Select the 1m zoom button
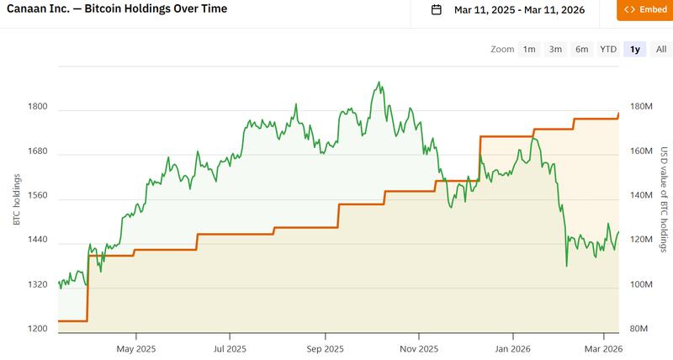(529, 50)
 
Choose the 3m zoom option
(555, 50)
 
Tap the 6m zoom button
(581, 50)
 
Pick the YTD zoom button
(607, 50)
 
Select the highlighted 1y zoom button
(635, 50)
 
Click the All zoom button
(661, 50)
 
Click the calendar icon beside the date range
(436, 10)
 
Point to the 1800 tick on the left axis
(38, 108)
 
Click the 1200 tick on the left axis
(38, 329)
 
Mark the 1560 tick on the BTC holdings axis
(38, 196)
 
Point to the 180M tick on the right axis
(642, 107)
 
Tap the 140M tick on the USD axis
(642, 196)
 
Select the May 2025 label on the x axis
(136, 348)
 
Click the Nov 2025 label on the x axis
(420, 348)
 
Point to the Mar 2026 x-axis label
(603, 348)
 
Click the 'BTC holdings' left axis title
(16, 199)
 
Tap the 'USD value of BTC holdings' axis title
(664, 200)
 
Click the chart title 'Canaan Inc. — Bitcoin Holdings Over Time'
(117, 9)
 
